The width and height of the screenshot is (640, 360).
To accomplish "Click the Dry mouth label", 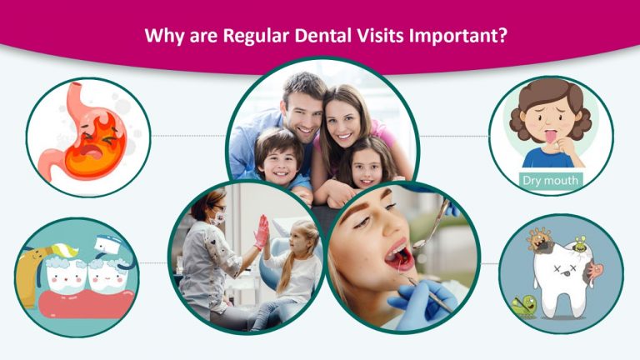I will point(551,179).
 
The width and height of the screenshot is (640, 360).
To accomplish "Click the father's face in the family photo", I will point(301,107).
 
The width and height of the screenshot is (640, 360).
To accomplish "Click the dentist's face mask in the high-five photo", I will point(219,219).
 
